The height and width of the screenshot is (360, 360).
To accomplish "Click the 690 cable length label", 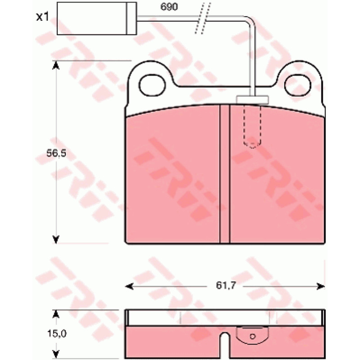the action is tap(169, 7).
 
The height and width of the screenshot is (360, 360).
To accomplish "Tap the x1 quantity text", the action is tap(42, 17).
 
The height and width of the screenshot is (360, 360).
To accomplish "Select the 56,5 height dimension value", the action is tap(56, 153).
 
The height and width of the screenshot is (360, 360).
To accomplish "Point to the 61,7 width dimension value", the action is tap(226, 285).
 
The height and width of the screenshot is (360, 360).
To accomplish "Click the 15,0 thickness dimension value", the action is tap(57, 333).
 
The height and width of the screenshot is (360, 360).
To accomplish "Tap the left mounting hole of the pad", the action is tap(152, 85).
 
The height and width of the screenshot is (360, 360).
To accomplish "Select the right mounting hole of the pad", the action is tap(297, 85).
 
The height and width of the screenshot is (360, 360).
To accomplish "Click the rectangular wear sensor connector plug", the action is tap(97, 18).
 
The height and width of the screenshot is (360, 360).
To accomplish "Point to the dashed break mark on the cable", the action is tap(203, 18).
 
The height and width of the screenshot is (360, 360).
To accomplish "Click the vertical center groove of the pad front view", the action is tap(225, 174).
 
